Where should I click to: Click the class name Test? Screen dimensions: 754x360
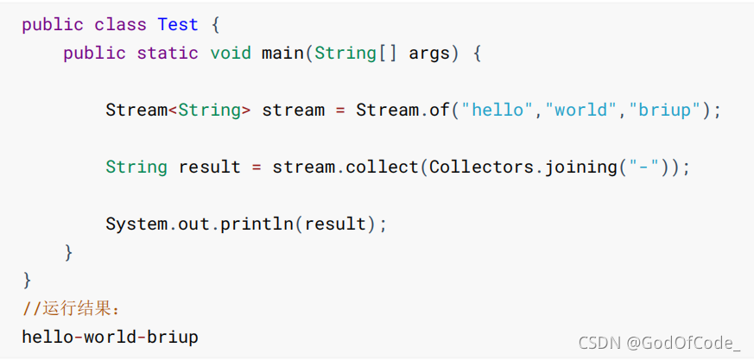tap(178, 24)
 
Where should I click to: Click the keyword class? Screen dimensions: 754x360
tap(121, 24)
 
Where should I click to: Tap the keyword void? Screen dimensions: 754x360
tap(231, 54)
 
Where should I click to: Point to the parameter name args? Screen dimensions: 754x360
tap(429, 54)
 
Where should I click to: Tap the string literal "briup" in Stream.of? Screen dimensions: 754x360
tap(666, 111)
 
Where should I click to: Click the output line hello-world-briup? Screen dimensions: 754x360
tap(110, 337)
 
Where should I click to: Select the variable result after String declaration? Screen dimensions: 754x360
tap(209, 167)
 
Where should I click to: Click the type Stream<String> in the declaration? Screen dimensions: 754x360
tap(178, 111)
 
